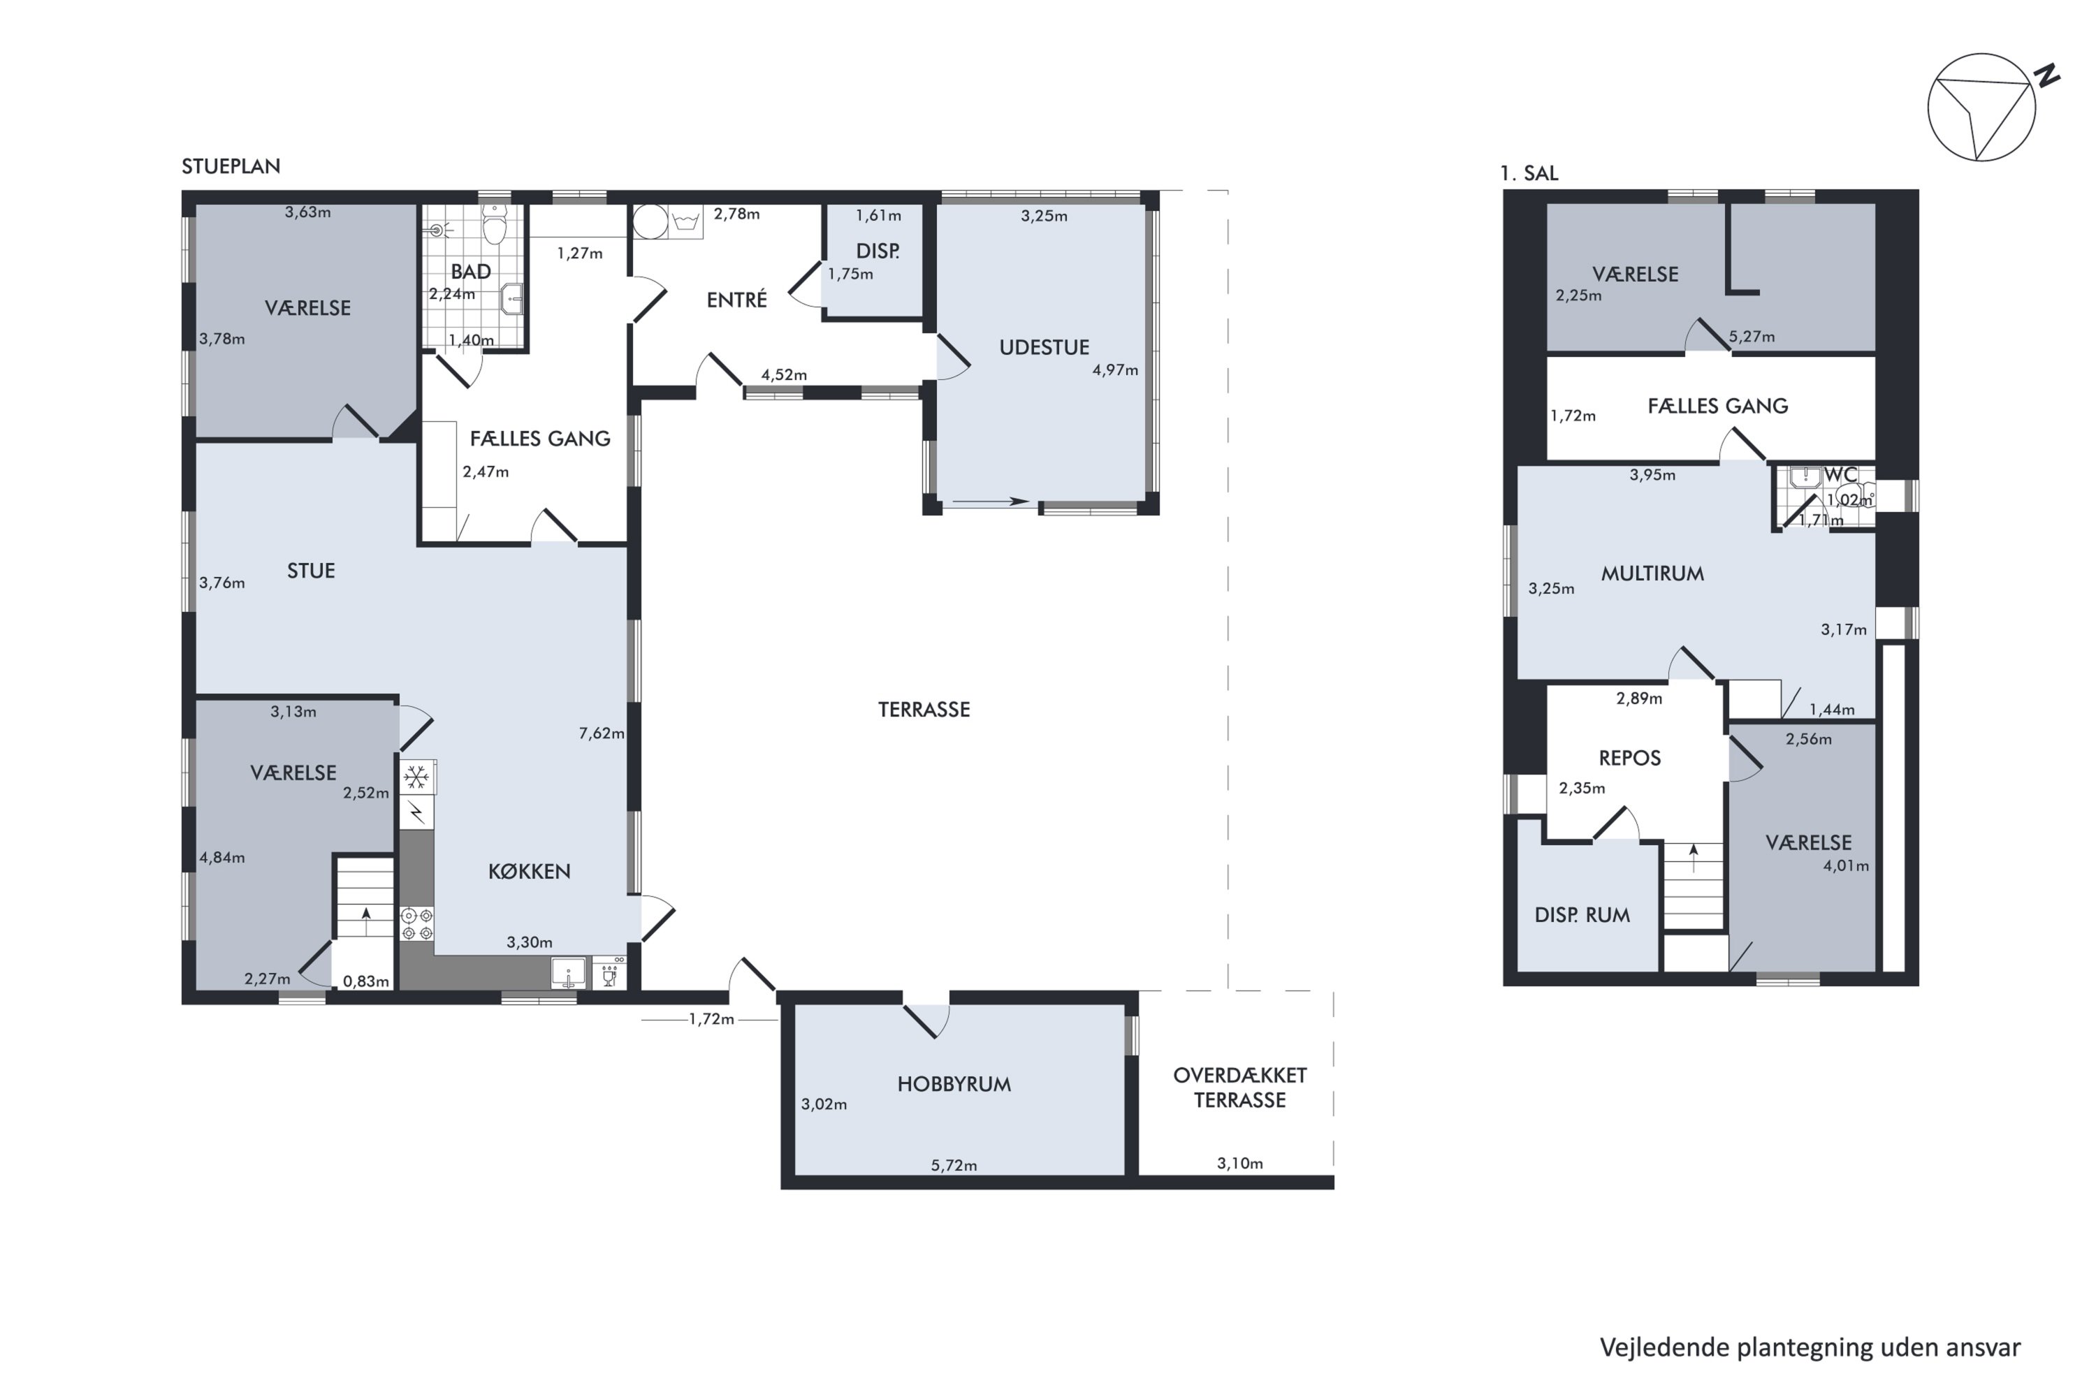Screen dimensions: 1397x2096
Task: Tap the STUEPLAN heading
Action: [231, 167]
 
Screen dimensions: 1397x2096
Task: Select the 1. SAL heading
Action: [1529, 174]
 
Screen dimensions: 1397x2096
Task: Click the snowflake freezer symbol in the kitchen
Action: [416, 778]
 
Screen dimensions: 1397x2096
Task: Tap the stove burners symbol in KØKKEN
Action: [416, 924]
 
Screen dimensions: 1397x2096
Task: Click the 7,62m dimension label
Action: [602, 733]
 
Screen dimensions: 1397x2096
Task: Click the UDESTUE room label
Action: [1044, 347]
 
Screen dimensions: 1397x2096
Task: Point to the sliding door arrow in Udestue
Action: [990, 502]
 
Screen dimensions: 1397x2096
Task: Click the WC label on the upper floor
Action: [1840, 475]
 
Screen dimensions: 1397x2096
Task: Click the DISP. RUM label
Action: [1582, 915]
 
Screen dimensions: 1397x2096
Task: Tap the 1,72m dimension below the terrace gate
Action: [711, 1019]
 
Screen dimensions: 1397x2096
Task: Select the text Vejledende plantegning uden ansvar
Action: [1810, 1347]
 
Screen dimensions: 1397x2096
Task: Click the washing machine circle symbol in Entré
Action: [650, 222]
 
